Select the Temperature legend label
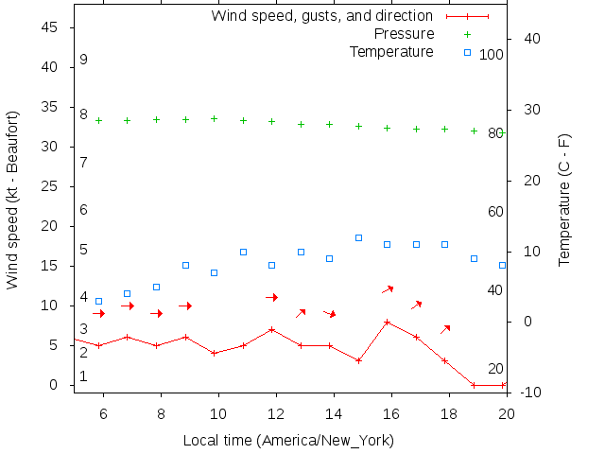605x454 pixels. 391,51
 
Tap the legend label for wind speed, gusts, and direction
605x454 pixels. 321,16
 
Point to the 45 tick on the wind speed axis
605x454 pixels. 51,27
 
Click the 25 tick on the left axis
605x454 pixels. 51,186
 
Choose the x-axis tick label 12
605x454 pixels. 276,413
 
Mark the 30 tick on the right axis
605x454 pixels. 525,110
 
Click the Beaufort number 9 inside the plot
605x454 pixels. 84,60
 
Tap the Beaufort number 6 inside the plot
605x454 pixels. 84,210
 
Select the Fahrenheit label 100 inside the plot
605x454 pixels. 492,55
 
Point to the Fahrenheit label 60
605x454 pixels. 495,212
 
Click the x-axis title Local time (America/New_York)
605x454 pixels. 288,440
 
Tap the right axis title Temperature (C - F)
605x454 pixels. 564,200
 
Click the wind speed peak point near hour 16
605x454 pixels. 388,322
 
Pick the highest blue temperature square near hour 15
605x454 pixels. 358,237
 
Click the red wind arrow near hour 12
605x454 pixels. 272,297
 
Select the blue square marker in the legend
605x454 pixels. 467,51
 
